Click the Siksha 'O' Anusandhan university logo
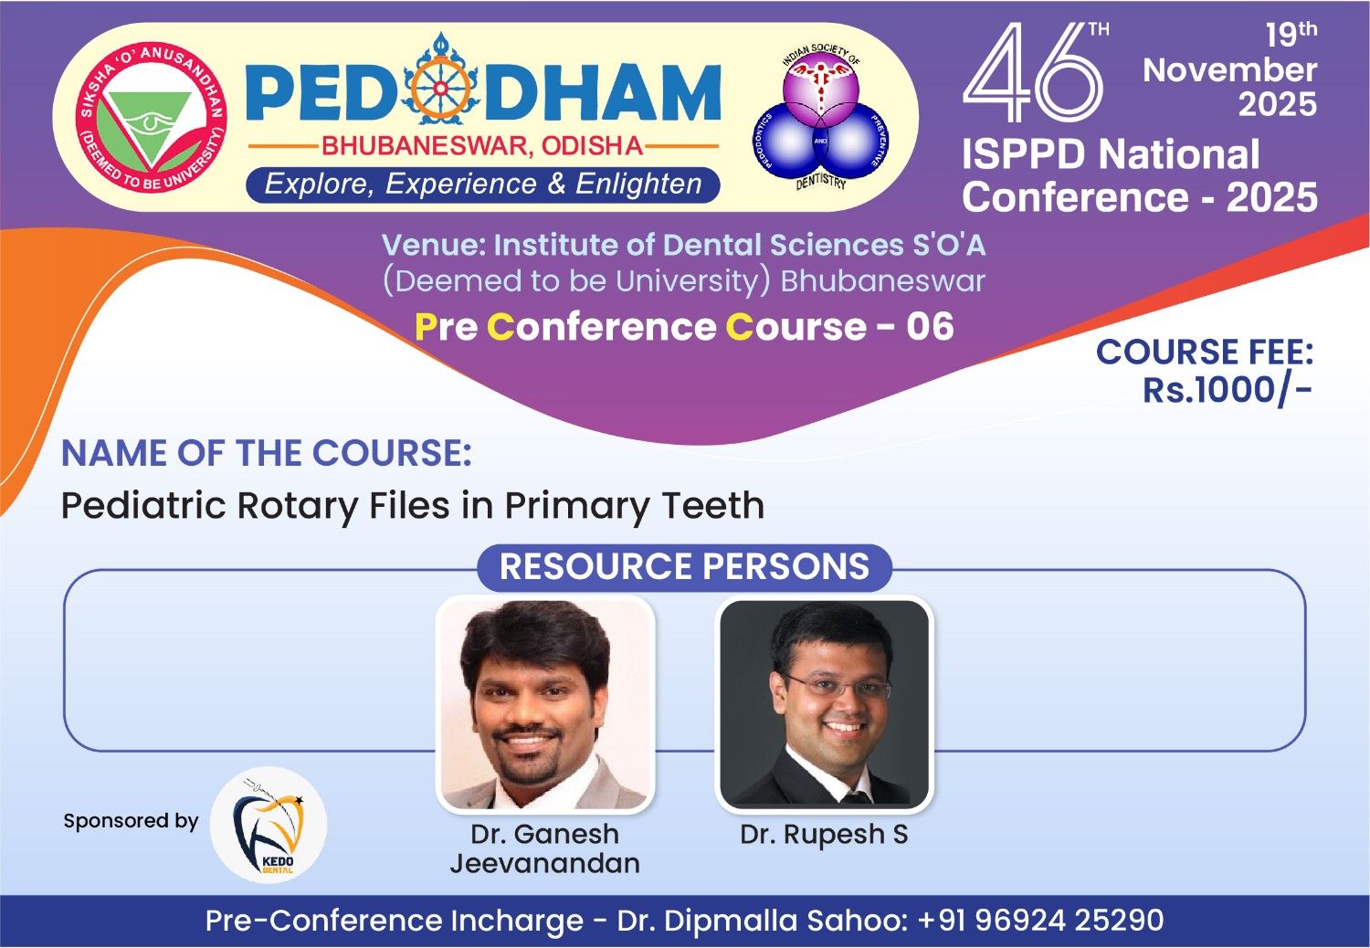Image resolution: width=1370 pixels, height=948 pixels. pyautogui.click(x=151, y=117)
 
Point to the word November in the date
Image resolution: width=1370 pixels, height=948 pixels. pyautogui.click(x=1230, y=69)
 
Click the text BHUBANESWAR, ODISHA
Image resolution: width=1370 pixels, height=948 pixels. pyautogui.click(x=482, y=146)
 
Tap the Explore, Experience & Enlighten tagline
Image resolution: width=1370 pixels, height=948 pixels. pyautogui.click(x=483, y=184)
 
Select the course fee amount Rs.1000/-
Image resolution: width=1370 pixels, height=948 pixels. pyautogui.click(x=1228, y=390)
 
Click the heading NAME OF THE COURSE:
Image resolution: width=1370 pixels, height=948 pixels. pyautogui.click(x=267, y=453)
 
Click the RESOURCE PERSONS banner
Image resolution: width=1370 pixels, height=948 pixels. pyautogui.click(x=684, y=566)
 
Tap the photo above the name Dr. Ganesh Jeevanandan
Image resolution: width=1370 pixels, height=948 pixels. pyautogui.click(x=545, y=704)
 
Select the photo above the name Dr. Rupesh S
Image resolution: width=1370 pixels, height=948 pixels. pyautogui.click(x=825, y=704)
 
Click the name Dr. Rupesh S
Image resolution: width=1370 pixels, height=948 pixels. pyautogui.click(x=824, y=834)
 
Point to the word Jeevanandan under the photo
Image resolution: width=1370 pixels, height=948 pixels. pyautogui.click(x=545, y=864)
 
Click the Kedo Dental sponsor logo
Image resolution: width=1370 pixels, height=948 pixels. pyautogui.click(x=269, y=825)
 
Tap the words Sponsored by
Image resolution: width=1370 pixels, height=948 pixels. pyautogui.click(x=131, y=821)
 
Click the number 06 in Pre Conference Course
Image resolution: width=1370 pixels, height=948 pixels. pyautogui.click(x=930, y=326)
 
